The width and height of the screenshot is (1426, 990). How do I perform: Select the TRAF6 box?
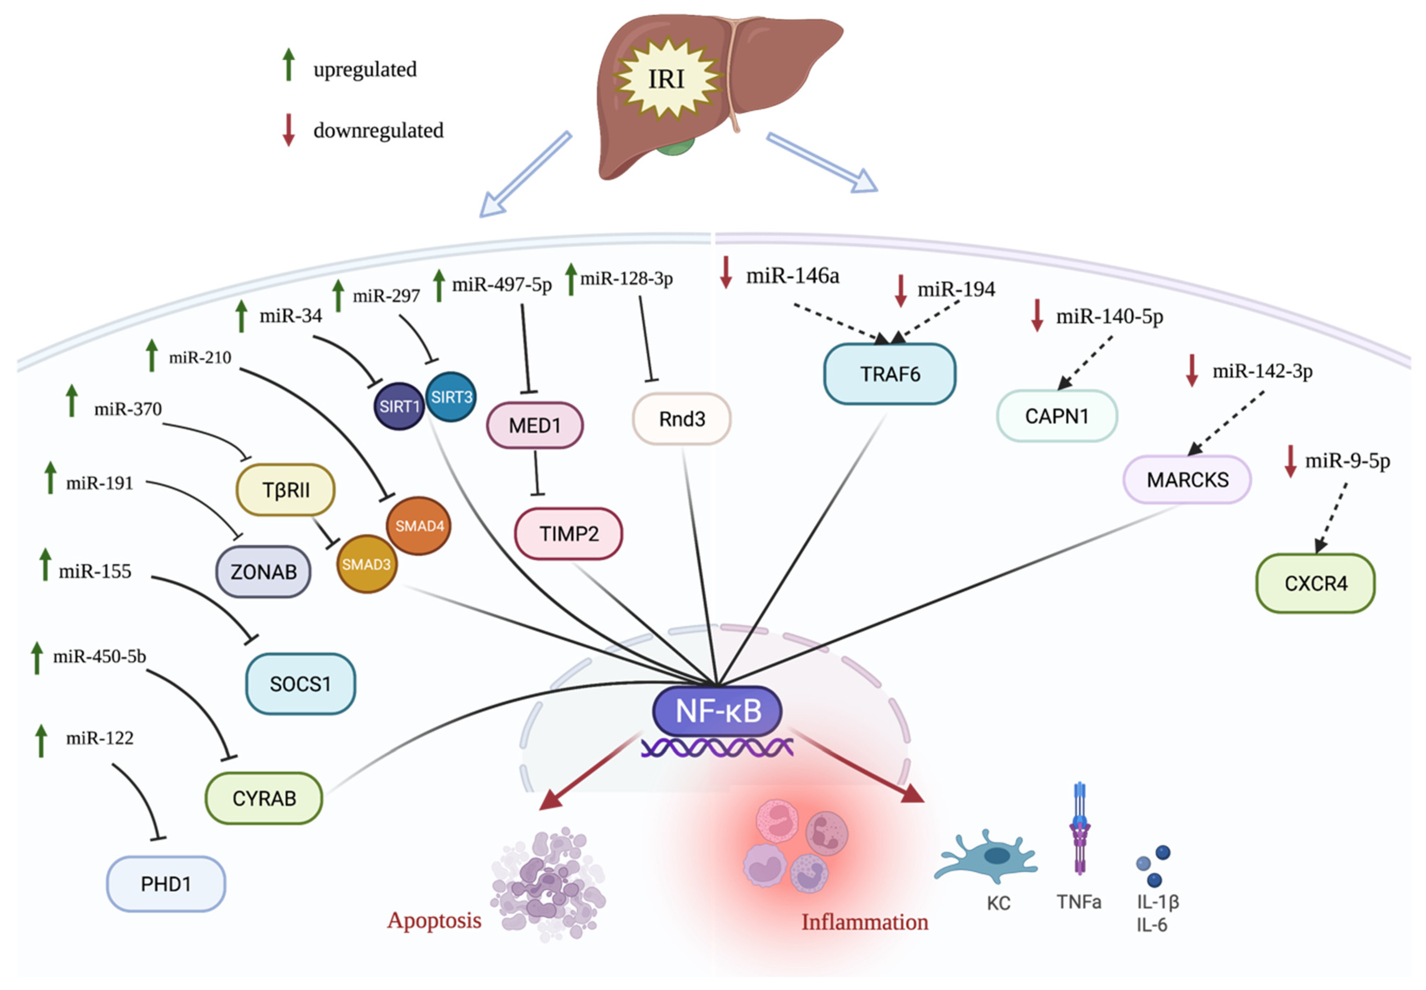point(889,374)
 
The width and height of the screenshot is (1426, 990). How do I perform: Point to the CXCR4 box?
point(1315,583)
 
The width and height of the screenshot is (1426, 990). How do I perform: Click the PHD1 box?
point(166,883)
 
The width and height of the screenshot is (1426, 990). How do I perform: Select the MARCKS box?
point(1187,479)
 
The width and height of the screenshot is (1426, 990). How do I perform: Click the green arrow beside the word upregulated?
point(288,65)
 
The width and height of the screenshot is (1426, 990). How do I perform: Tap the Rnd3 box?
point(681,419)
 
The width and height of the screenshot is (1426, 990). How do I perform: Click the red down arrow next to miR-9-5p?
point(1290,461)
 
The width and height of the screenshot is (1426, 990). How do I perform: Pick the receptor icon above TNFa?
point(1080,828)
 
